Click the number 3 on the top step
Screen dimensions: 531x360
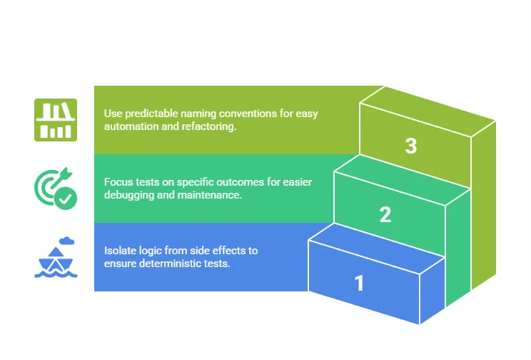[411, 146]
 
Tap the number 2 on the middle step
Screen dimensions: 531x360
[385, 214]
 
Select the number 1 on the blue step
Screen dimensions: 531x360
[359, 283]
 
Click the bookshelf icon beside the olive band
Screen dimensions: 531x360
[56, 120]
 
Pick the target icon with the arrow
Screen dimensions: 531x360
[56, 189]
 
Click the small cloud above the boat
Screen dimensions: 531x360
[66, 241]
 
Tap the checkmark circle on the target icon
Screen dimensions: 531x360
[66, 199]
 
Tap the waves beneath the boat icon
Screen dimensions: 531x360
[56, 274]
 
